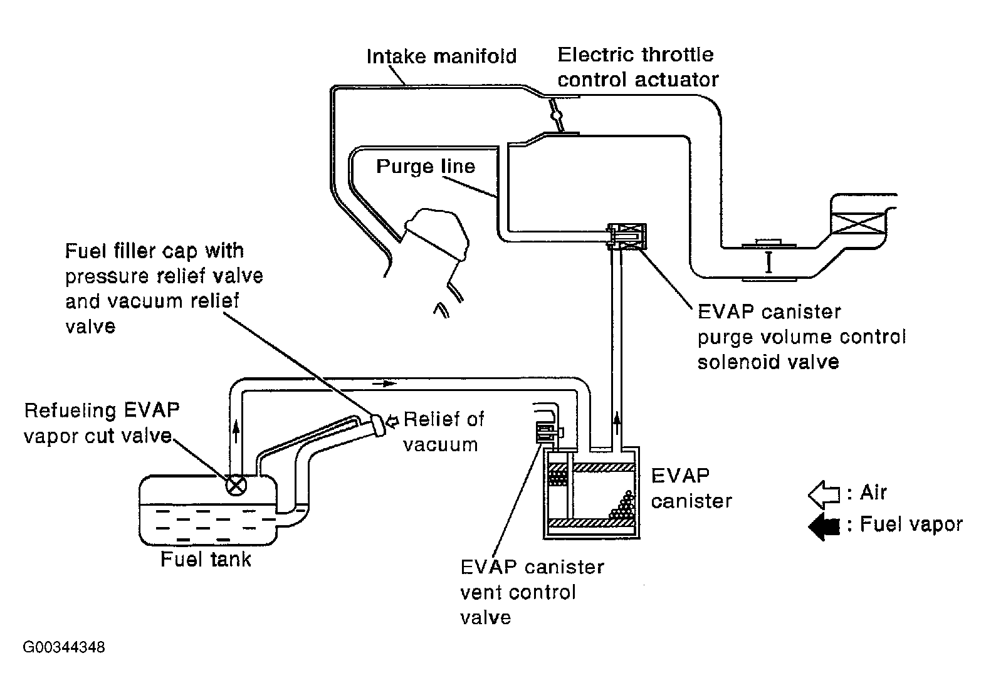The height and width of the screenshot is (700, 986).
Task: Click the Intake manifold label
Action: point(441,56)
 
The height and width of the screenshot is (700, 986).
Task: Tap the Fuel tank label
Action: point(206,560)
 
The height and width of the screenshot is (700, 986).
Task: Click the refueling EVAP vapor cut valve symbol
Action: point(236,486)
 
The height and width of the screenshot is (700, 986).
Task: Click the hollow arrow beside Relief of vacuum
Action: point(392,421)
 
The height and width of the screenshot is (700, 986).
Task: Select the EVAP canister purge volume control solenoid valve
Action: point(626,237)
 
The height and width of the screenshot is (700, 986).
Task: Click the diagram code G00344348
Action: point(64,647)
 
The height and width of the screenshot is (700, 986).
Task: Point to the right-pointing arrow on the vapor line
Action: point(384,384)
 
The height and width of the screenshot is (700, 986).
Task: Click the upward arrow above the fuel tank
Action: point(236,431)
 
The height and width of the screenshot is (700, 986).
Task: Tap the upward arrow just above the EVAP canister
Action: point(617,423)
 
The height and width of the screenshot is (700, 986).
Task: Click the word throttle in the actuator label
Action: point(678,55)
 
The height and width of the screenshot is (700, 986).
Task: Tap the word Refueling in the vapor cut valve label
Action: point(70,411)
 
